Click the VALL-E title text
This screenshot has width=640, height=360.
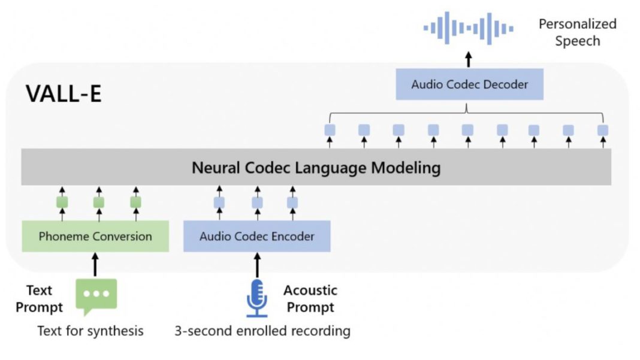(64, 94)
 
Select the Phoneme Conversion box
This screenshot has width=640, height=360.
(95, 236)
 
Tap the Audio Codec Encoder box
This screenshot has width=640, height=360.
(256, 236)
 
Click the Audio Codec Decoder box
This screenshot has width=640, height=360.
(469, 84)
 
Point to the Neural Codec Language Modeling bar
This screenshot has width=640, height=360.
(316, 167)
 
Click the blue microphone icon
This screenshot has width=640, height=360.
(257, 297)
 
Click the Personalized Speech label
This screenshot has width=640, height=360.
(577, 32)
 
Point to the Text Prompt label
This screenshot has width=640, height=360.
(39, 299)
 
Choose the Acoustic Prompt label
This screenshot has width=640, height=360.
(310, 299)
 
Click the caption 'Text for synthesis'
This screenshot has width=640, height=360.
(90, 331)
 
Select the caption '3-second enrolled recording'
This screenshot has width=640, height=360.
(262, 331)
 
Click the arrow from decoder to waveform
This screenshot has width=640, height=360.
(469, 59)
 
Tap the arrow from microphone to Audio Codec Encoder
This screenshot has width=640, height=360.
(257, 264)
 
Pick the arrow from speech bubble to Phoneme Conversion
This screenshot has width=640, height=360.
(95, 264)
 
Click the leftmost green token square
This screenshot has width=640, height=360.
(62, 202)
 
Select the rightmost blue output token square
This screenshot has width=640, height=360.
(603, 130)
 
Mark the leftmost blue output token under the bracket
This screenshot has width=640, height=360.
(330, 130)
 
